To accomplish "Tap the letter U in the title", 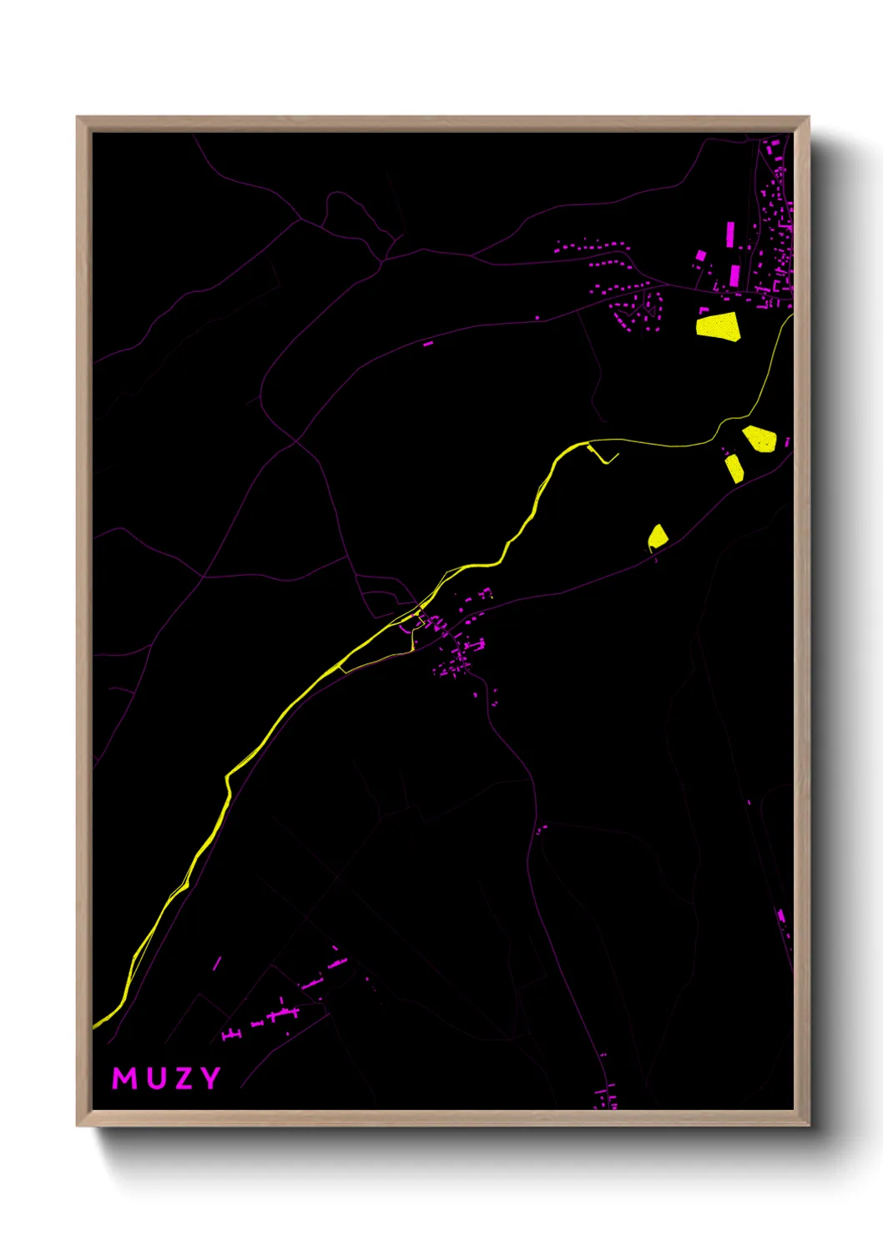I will pyautogui.click(x=158, y=1078).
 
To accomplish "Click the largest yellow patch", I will pyautogui.click(x=718, y=325).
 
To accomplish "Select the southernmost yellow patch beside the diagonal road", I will pyautogui.click(x=658, y=537).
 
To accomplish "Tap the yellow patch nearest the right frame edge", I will pyautogui.click(x=759, y=438).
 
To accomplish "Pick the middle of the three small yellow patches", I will pyautogui.click(x=734, y=468).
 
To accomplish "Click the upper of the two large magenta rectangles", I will pyautogui.click(x=730, y=234).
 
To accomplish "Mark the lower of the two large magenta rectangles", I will pyautogui.click(x=735, y=275).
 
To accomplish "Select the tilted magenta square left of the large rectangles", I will pyautogui.click(x=701, y=255).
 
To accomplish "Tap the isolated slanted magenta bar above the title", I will pyautogui.click(x=217, y=964).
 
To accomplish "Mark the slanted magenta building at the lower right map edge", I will pyautogui.click(x=781, y=916).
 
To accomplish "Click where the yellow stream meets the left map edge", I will pyautogui.click(x=94, y=1026).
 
